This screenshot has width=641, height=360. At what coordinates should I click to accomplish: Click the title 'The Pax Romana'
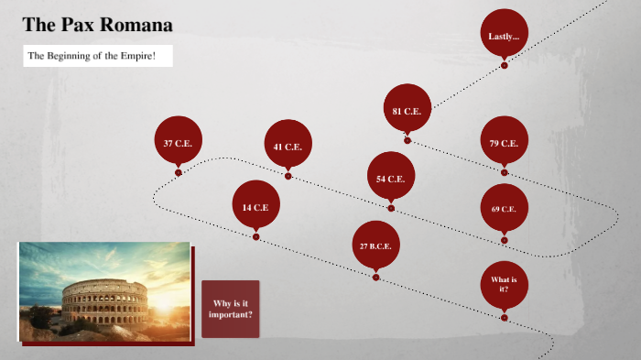(x=97, y=25)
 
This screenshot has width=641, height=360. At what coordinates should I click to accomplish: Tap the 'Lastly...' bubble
(x=504, y=36)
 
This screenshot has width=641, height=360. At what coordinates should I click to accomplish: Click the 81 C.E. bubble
(x=407, y=110)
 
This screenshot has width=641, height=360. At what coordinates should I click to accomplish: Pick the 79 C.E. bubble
(x=504, y=142)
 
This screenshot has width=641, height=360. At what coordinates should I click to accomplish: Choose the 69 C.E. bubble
(x=504, y=208)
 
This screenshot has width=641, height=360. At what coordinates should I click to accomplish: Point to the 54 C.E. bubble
(x=391, y=177)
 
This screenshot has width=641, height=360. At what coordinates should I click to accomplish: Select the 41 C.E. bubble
(x=288, y=145)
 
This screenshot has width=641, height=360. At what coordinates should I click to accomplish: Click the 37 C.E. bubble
(x=178, y=142)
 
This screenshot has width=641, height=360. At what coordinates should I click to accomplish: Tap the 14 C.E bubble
(x=255, y=206)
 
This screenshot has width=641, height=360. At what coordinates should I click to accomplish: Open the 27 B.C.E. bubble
(x=375, y=245)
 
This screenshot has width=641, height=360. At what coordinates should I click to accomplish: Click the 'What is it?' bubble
(x=504, y=283)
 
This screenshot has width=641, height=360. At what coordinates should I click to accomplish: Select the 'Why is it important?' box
(x=231, y=309)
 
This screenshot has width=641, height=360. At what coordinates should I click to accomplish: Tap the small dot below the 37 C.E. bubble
(x=178, y=172)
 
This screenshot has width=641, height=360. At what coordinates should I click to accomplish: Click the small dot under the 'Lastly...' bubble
(x=504, y=66)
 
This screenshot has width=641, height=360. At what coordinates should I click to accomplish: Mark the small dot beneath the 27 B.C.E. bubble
(x=375, y=276)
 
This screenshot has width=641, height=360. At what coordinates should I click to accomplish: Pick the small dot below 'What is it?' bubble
(x=504, y=317)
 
